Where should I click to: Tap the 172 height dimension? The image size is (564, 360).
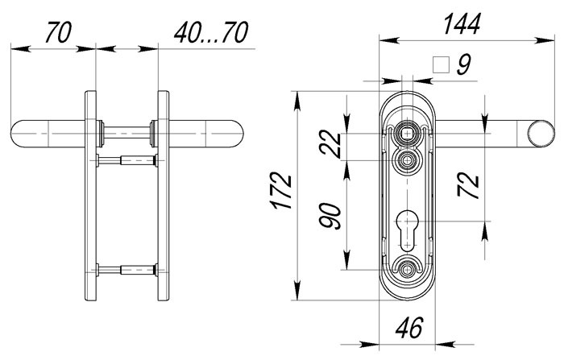[x=282, y=192]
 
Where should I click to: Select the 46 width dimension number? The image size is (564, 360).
[x=409, y=328]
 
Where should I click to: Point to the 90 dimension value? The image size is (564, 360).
[x=331, y=217]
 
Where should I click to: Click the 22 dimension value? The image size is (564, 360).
[x=331, y=144]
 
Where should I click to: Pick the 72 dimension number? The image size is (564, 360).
[x=468, y=185]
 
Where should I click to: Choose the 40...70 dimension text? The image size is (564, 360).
[x=211, y=32]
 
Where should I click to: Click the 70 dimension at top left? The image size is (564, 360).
[x=58, y=32]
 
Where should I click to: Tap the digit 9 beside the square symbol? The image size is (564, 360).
[x=463, y=64]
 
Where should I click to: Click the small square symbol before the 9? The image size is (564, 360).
[x=442, y=65]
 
